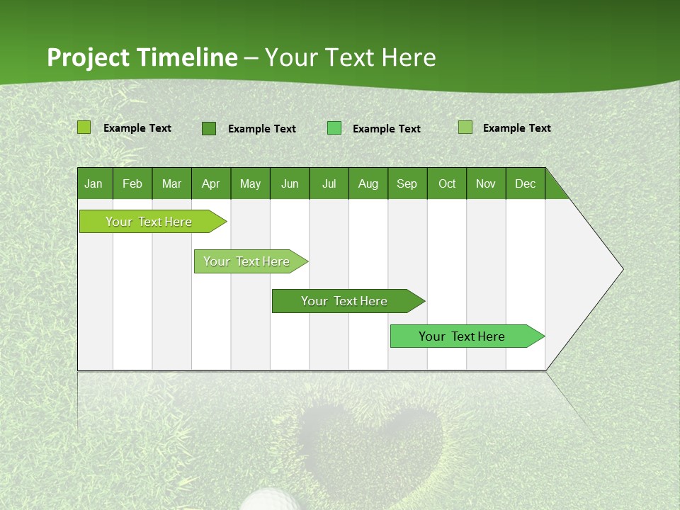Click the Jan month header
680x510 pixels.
(x=93, y=183)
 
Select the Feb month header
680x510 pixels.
(x=132, y=183)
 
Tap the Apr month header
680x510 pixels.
(x=210, y=183)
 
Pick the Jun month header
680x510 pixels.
(x=290, y=183)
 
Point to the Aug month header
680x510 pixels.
(x=368, y=183)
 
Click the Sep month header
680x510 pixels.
(x=407, y=183)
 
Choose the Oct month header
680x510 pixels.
(x=447, y=183)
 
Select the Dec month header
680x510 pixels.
(x=525, y=183)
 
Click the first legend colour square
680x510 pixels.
(x=84, y=127)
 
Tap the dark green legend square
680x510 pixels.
(x=209, y=128)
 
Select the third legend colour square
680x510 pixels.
(x=334, y=128)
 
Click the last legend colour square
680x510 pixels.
(x=465, y=127)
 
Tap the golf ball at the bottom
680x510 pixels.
(x=269, y=500)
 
